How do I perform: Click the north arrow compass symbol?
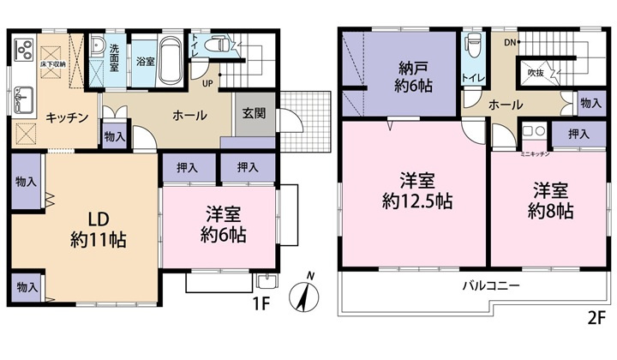(x=305, y=297)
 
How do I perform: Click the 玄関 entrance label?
(x=254, y=112)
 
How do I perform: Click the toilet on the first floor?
(x=222, y=44)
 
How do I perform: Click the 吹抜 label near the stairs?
(x=536, y=72)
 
